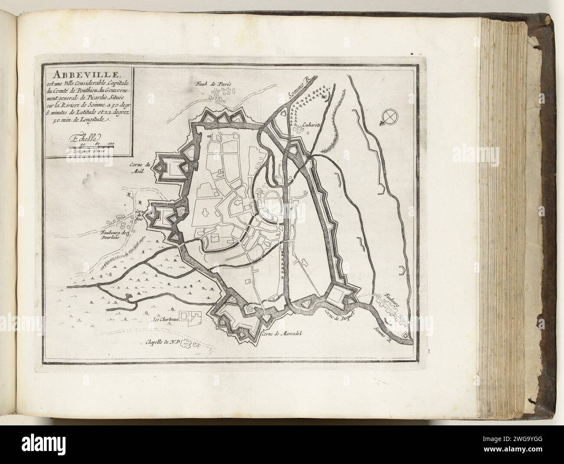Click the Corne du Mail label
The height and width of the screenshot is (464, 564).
140,167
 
